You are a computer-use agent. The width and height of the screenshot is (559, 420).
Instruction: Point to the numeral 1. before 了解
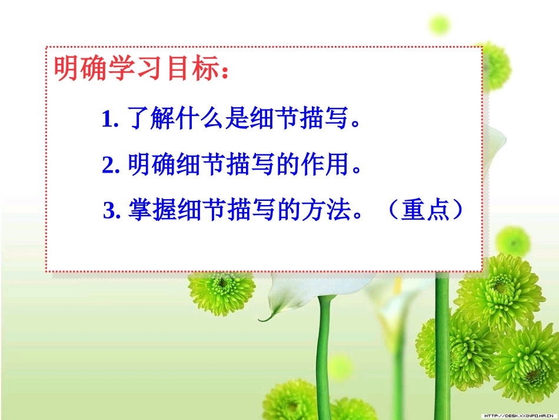(x=110, y=120)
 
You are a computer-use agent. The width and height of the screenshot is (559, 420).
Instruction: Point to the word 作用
(x=325, y=165)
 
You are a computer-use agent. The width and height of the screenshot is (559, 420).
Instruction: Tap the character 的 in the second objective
(x=292, y=165)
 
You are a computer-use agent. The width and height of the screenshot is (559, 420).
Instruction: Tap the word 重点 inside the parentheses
(x=425, y=210)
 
